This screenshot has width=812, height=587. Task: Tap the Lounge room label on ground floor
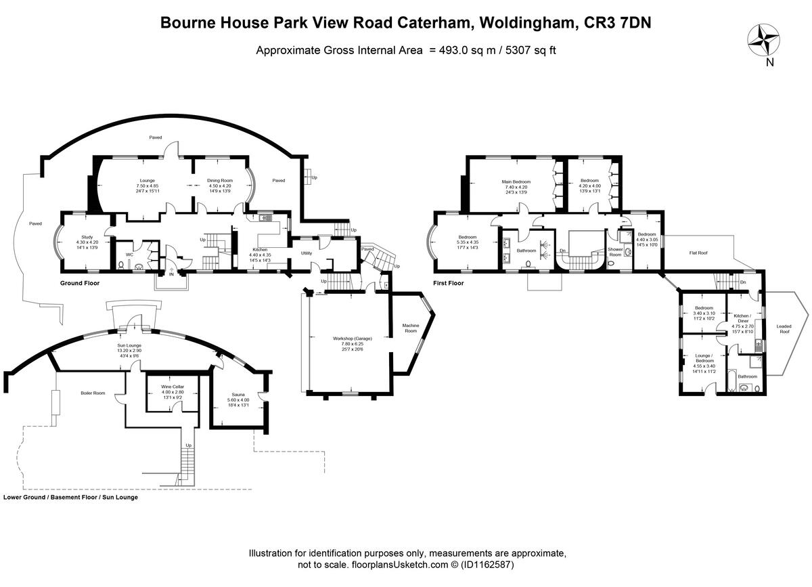[148, 181]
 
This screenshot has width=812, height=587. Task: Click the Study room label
[87, 237]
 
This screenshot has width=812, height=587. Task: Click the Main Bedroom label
[516, 181]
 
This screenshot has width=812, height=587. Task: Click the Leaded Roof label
[784, 329]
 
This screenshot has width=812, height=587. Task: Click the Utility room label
[307, 253]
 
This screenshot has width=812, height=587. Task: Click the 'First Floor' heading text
[449, 283]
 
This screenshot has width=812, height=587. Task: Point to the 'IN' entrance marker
[171, 275]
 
